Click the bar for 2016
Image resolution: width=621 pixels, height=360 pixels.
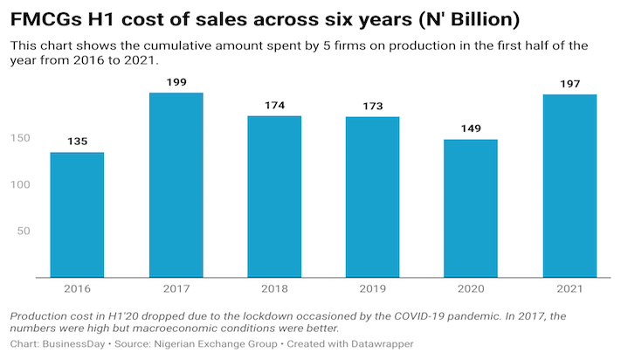pos(77,215)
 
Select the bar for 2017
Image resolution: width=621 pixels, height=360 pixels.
pos(176,185)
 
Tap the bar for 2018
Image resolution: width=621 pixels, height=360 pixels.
pos(273,197)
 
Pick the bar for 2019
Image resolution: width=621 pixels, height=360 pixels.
pos(372,197)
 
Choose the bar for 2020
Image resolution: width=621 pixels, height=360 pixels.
pos(470,208)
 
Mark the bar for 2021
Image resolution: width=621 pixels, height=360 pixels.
pos(569,186)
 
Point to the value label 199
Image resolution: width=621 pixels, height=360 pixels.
pos(176,84)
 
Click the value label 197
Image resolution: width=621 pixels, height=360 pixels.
pos(569,86)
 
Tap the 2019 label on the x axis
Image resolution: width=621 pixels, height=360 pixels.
pos(372,287)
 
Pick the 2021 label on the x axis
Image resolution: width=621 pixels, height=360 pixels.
pos(569,287)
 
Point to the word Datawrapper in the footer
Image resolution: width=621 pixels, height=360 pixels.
pos(378,343)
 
